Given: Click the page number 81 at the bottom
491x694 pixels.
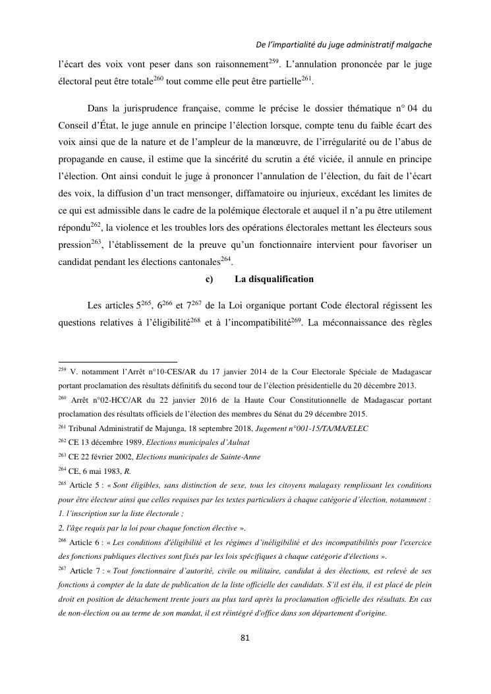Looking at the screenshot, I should pos(245,637).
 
